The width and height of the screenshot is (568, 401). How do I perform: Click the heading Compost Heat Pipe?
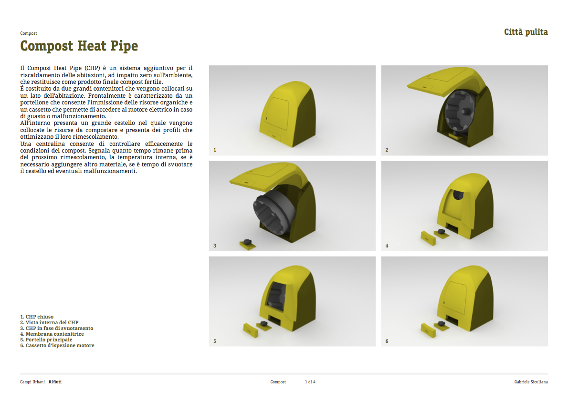(x=79, y=46)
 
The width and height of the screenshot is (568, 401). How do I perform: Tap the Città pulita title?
(x=526, y=32)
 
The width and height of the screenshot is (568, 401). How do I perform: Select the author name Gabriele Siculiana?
(x=531, y=382)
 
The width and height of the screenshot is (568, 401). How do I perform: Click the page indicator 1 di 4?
(x=310, y=382)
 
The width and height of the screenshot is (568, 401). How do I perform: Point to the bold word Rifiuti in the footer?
(x=55, y=382)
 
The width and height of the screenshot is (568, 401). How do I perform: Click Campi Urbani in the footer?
(x=32, y=382)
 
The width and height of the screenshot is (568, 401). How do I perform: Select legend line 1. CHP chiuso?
(x=37, y=317)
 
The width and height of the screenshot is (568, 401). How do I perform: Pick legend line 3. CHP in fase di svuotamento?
(x=57, y=328)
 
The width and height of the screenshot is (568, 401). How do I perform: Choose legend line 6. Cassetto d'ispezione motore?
(x=57, y=346)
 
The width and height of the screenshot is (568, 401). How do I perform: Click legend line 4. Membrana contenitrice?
(x=52, y=334)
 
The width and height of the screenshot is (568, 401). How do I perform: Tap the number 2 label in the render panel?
(x=387, y=150)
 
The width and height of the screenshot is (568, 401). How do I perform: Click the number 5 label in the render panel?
(x=214, y=341)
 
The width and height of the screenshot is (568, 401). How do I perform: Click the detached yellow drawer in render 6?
(x=428, y=330)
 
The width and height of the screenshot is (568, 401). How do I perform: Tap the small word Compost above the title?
(x=29, y=33)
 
